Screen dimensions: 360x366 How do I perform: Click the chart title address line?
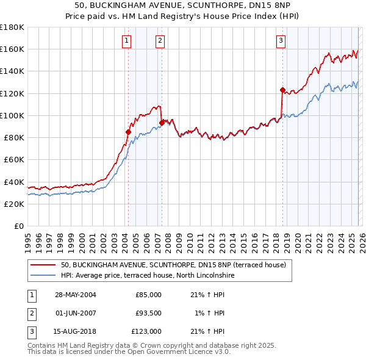[x=183, y=5]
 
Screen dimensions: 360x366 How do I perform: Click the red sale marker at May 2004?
[x=129, y=132]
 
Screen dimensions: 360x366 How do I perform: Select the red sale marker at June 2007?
[x=162, y=123]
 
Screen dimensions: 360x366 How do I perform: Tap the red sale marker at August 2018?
[x=282, y=90]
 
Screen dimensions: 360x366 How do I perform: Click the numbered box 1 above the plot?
[x=126, y=41]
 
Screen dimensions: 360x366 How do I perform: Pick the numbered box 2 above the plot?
[x=159, y=41]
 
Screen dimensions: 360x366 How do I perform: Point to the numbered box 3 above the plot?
[x=281, y=41]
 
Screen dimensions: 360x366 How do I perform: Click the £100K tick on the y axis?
[x=12, y=115]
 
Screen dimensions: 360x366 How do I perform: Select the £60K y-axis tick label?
[x=14, y=160]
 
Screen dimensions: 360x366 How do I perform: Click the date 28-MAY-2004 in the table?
[x=75, y=295]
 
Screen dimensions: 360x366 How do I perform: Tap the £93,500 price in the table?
[x=148, y=313]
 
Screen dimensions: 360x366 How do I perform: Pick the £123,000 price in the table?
[x=146, y=331]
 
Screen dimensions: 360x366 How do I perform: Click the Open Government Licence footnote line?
[x=129, y=352]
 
